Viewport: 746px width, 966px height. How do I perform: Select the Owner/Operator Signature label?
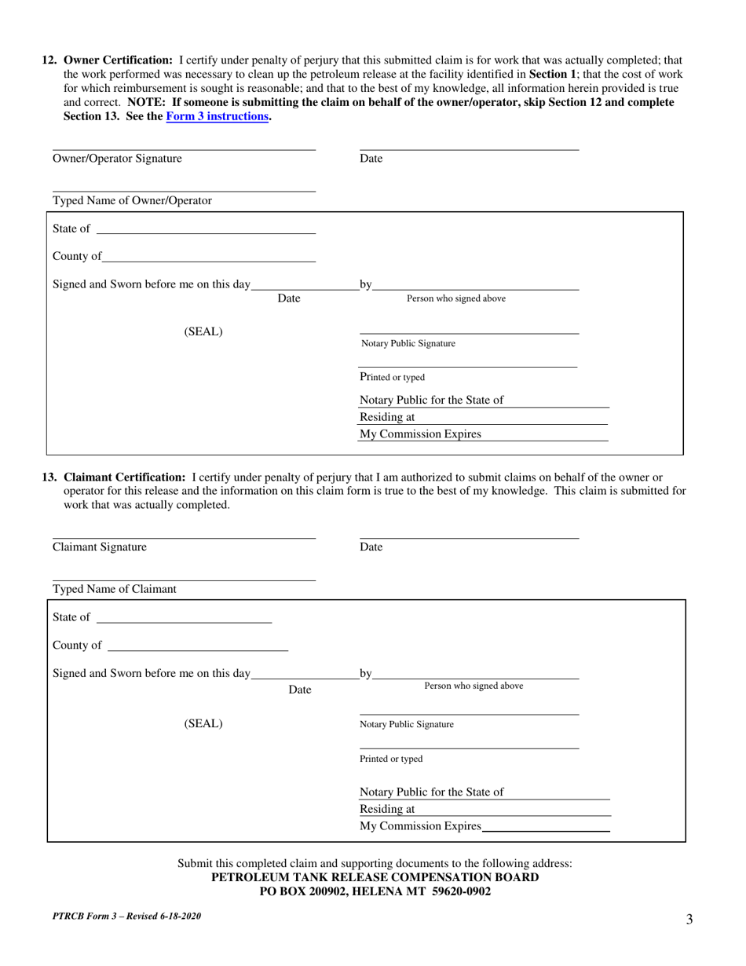[x=117, y=159]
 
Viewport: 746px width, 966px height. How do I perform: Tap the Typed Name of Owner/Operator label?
[x=132, y=200]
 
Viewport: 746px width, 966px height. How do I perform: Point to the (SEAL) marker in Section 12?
[x=203, y=331]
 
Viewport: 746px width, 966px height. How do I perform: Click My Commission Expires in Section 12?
[x=420, y=434]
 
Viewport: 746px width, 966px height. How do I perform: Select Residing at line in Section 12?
[x=510, y=418]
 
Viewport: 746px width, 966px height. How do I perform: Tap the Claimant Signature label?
[x=99, y=547]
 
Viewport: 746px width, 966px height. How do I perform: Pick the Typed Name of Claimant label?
[x=115, y=589]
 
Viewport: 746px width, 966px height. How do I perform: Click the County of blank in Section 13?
[x=197, y=646]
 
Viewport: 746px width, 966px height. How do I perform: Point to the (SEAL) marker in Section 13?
[x=203, y=724]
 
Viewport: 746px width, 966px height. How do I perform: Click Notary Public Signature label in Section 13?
[x=407, y=725]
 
